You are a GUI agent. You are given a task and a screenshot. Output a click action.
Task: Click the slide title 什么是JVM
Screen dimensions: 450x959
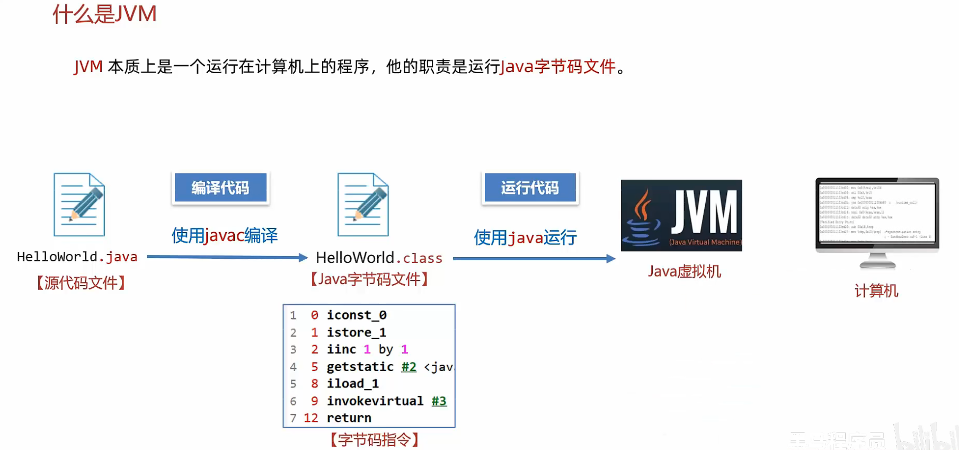click(104, 14)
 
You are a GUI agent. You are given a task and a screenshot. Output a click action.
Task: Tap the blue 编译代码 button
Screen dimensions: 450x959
click(220, 188)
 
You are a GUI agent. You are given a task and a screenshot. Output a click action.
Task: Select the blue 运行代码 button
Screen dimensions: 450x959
click(530, 188)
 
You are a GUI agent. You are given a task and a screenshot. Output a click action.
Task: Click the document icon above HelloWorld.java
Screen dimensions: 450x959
click(79, 205)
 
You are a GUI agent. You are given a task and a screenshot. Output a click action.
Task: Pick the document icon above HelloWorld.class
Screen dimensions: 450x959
click(363, 205)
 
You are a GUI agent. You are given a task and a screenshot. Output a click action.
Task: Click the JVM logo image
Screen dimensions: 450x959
click(681, 215)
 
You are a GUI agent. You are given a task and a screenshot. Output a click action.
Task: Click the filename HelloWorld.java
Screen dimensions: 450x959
click(77, 257)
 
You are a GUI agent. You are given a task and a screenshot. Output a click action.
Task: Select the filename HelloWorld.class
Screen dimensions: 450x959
click(379, 258)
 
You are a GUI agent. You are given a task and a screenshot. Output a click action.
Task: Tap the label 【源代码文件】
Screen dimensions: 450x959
click(81, 283)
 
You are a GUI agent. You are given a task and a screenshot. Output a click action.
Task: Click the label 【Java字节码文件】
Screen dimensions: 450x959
click(369, 279)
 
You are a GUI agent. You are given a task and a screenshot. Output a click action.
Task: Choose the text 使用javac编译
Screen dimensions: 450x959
click(225, 235)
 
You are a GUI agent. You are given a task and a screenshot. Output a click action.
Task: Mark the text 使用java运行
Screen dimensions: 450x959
click(525, 237)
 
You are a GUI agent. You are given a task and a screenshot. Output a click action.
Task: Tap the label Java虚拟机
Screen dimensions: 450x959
click(684, 271)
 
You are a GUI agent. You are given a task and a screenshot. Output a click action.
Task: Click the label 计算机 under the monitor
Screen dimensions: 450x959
click(876, 290)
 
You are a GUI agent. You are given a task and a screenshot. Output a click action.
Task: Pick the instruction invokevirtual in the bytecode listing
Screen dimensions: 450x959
click(375, 401)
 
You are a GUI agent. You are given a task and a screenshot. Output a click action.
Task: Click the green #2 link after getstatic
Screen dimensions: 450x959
click(409, 367)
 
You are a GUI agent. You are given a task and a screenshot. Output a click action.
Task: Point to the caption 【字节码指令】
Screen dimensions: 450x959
click(375, 439)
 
